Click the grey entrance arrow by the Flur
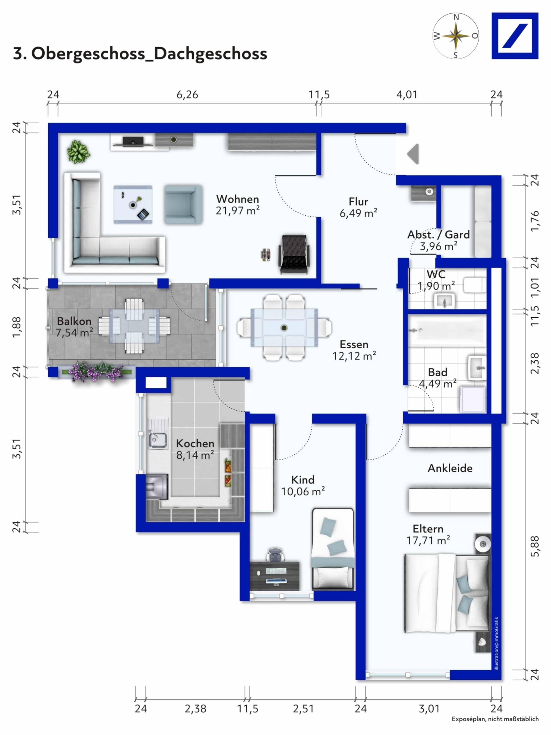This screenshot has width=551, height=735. [414, 154]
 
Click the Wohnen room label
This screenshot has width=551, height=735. [237, 199]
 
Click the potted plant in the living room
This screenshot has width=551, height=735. [78, 151]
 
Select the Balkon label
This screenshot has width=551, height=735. [74, 321]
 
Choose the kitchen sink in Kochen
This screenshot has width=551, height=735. [157, 439]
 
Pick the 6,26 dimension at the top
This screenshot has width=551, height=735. [187, 95]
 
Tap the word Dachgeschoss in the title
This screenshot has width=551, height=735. [211, 54]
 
